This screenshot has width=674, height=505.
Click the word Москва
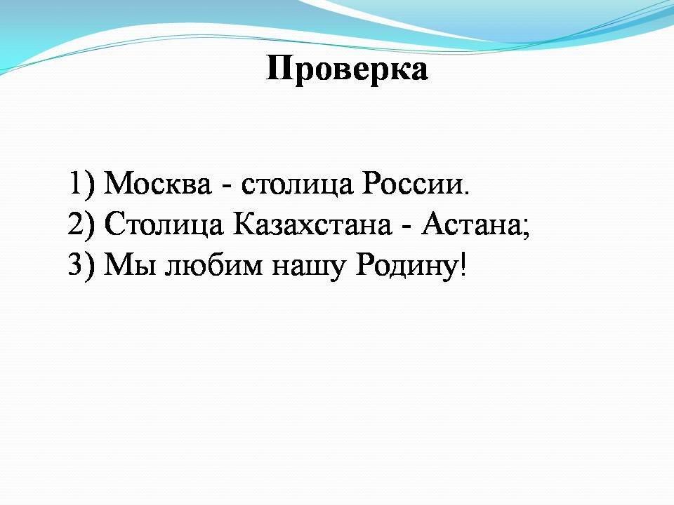tap(158, 183)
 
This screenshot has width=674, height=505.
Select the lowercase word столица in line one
tap(297, 184)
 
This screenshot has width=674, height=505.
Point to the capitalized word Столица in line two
tap(164, 225)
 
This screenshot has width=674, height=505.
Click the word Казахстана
tap(312, 224)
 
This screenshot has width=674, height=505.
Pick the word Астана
tap(471, 224)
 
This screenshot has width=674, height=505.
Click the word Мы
tap(130, 265)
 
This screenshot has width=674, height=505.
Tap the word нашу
tap(308, 267)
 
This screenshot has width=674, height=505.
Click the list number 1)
tap(81, 184)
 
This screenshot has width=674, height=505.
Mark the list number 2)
tap(81, 225)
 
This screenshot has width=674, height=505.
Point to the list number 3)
tap(81, 265)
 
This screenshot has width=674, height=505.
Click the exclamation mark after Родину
tap(463, 264)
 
